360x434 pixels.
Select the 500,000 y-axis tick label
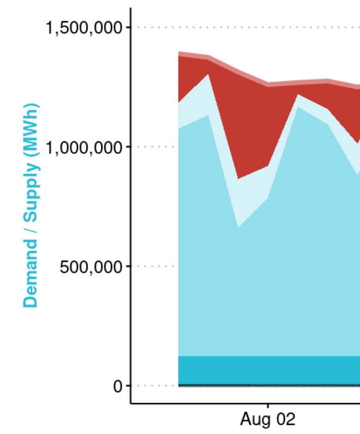91,266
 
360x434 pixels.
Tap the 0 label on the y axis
118,386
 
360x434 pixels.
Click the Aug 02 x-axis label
268,420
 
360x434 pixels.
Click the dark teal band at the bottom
267,370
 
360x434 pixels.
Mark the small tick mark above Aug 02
268,406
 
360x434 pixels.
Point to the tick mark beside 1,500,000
128,27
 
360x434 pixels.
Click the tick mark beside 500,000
128,266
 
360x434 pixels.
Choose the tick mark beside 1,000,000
128,147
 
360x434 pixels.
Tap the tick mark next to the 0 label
128,386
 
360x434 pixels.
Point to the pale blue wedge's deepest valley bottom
238,179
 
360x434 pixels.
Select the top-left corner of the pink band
179,51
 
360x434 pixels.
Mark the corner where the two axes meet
131,403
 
